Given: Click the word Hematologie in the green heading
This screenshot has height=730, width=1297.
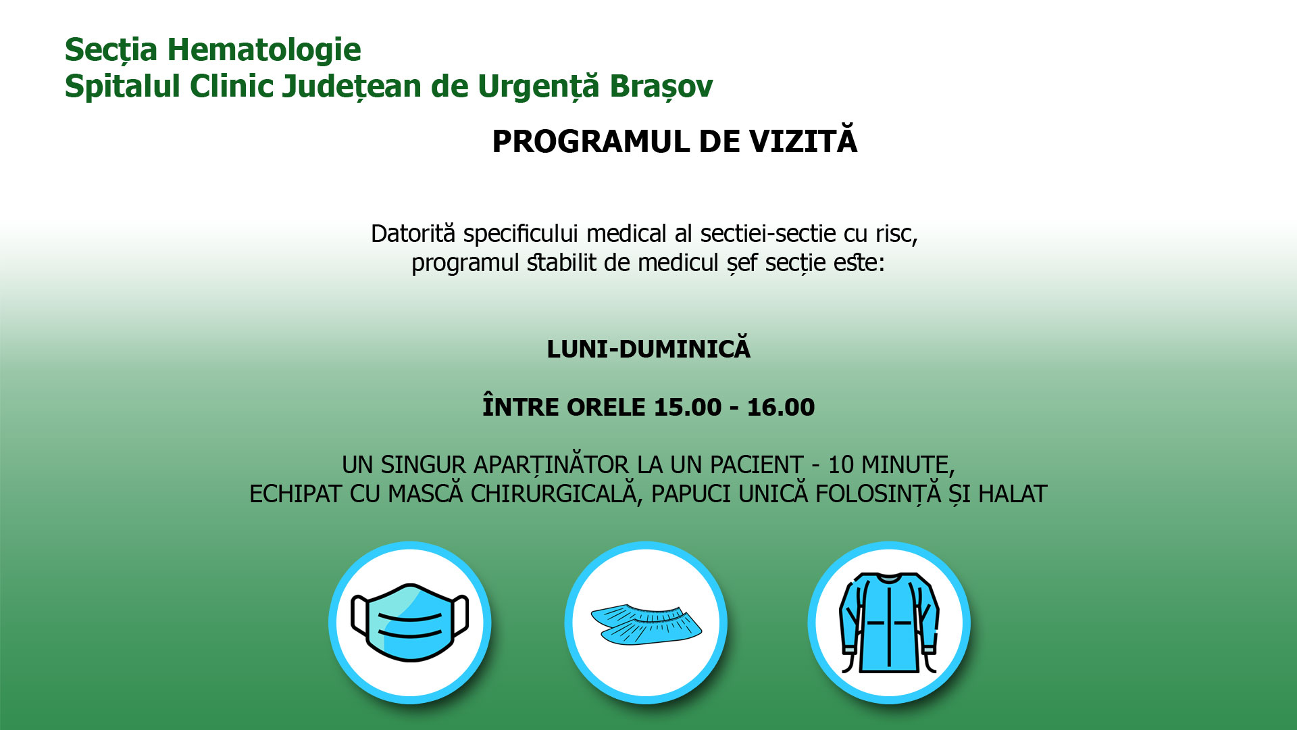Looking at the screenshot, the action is (x=264, y=49).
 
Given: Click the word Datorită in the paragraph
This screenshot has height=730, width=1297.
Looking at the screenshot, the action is (x=413, y=233).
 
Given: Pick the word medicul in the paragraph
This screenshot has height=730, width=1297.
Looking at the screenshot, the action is (x=678, y=262).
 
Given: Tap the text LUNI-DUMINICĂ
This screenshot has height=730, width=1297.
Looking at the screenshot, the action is (x=648, y=348).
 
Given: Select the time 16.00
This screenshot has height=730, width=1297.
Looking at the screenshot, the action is (x=781, y=407).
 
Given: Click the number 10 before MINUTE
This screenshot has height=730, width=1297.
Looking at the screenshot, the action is (x=842, y=465).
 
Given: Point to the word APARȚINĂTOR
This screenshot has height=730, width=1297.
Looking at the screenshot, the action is (x=551, y=465).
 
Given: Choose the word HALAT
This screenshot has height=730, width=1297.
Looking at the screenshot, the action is (x=1013, y=494).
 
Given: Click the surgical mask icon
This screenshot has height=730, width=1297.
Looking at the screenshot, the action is (x=410, y=623).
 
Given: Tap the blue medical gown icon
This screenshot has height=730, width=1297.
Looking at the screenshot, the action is (x=889, y=623).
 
